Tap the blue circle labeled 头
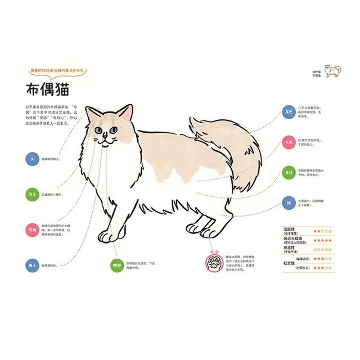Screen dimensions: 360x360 [32, 159]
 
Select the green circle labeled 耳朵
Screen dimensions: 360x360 [32, 194]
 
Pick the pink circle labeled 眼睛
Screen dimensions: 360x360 [32, 229]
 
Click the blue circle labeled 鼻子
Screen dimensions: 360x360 [32, 264]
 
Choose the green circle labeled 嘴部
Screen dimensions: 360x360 [116, 264]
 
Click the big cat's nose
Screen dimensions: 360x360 [106, 137]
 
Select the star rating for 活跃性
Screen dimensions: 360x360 [322, 231]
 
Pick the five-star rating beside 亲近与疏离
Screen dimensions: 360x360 [322, 240]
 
